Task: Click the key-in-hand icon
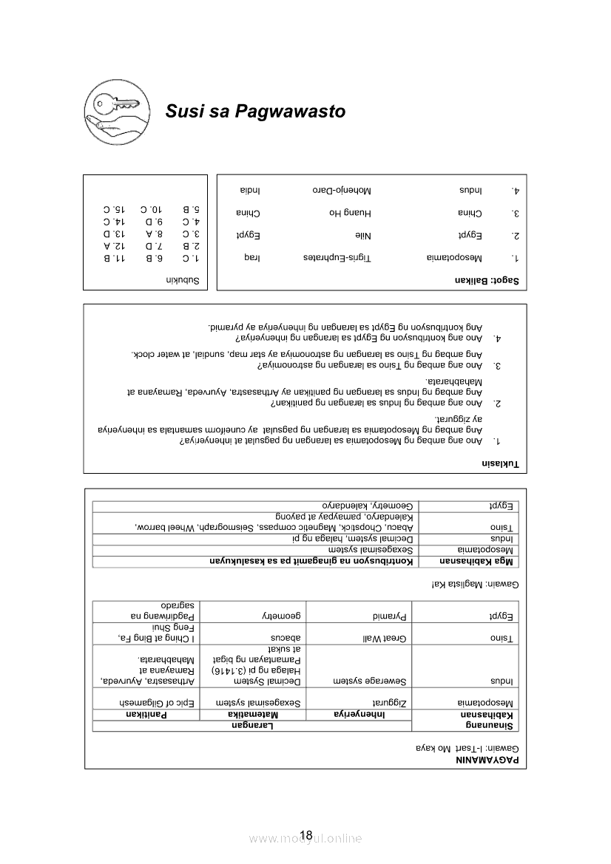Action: tap(112, 111)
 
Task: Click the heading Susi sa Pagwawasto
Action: tap(255, 112)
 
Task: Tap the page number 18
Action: tap(306, 837)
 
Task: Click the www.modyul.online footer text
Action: tap(305, 839)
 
